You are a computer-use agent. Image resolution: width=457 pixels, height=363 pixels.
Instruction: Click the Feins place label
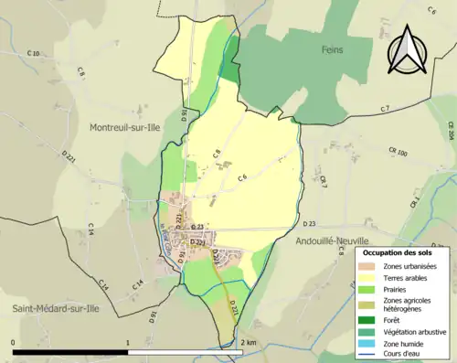click(331, 49)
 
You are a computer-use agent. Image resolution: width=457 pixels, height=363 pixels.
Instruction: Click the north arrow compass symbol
click(408, 50)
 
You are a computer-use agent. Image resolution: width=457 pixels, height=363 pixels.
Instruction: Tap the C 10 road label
click(34, 55)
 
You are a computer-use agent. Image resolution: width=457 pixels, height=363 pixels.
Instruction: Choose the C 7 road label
click(385, 109)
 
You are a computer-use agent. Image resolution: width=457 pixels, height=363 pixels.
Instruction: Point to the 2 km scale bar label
click(248, 340)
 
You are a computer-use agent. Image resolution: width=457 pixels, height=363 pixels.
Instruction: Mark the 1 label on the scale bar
click(127, 340)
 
